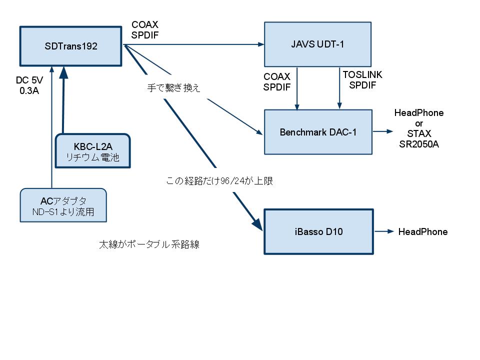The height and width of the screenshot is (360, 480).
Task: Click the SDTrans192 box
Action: click(x=70, y=46)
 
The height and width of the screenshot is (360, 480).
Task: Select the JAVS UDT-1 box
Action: click(x=317, y=44)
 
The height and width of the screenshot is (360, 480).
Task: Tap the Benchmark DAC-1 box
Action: click(x=318, y=132)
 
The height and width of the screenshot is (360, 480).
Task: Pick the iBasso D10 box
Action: click(x=318, y=232)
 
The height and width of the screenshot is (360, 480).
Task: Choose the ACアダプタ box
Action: click(x=64, y=205)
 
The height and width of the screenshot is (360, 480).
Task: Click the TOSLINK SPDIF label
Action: click(x=362, y=80)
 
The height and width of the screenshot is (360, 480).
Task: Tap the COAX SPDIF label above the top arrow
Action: click(x=145, y=29)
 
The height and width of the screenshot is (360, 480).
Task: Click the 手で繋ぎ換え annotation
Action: click(x=173, y=88)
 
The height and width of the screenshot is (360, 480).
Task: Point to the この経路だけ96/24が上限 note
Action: click(x=219, y=181)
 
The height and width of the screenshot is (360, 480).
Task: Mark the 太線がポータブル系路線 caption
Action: click(x=149, y=245)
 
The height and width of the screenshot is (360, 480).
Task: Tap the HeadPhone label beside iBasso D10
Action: click(x=422, y=232)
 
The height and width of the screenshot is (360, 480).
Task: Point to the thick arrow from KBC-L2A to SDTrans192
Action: click(x=63, y=100)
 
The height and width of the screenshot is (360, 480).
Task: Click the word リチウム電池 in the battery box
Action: click(x=93, y=157)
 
